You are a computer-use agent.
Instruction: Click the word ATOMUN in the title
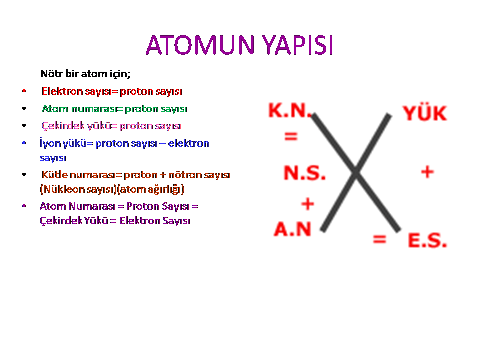point(200,45)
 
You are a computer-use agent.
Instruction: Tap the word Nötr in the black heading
point(52,74)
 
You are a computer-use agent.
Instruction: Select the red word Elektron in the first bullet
point(62,91)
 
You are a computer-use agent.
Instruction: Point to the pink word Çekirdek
point(63,126)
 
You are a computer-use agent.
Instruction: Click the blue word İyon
point(50,143)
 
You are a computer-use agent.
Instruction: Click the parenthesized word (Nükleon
point(62,189)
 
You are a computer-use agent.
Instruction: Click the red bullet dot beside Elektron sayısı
point(24,91)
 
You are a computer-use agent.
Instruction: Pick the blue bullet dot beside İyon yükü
point(24,143)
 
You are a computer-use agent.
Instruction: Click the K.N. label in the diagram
point(290,110)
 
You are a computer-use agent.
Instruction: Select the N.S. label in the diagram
point(305,173)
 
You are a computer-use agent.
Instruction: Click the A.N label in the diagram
point(293,229)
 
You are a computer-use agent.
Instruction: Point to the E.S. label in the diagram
point(427,240)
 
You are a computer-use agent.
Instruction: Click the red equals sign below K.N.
point(291,136)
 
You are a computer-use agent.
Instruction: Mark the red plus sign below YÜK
point(427,172)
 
